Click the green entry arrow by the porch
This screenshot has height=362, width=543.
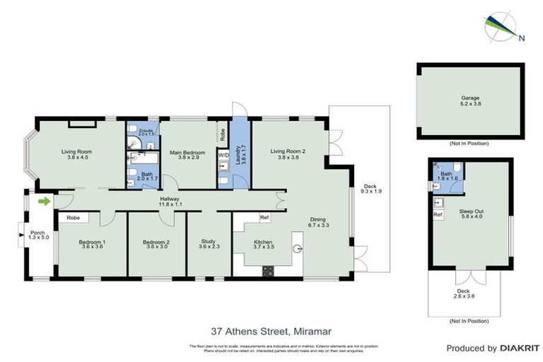pyautogui.click(x=45, y=202)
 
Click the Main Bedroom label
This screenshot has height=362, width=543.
pyautogui.click(x=187, y=155)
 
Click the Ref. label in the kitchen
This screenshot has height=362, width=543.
pyautogui.click(x=264, y=217)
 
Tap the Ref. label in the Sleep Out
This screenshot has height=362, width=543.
pyautogui.click(x=438, y=214)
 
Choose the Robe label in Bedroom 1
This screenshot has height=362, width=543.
pyautogui.click(x=73, y=218)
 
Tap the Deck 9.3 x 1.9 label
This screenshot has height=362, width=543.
pyautogui.click(x=370, y=190)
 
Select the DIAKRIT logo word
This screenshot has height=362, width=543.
pyautogui.click(x=519, y=349)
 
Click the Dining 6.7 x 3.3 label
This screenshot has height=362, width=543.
pyautogui.click(x=319, y=221)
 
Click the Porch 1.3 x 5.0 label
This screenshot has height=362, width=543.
pyautogui.click(x=37, y=235)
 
